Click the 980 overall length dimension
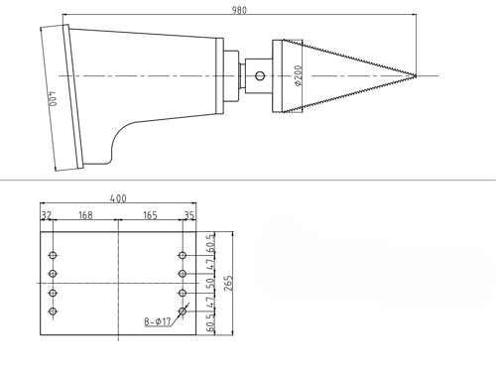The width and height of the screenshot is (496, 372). click(239, 10)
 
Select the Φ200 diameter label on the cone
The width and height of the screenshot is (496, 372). click(298, 75)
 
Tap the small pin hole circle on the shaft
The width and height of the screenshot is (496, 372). click(260, 76)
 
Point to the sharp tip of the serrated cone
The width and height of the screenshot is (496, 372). click(416, 76)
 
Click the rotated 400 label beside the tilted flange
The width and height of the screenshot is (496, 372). click(53, 99)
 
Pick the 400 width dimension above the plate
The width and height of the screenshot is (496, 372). click(118, 198)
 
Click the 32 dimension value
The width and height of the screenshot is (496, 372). click(47, 215)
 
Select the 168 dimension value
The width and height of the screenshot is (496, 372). click(85, 215)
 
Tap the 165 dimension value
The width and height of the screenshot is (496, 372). click(150, 215)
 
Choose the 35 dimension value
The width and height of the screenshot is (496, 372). click(189, 215)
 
